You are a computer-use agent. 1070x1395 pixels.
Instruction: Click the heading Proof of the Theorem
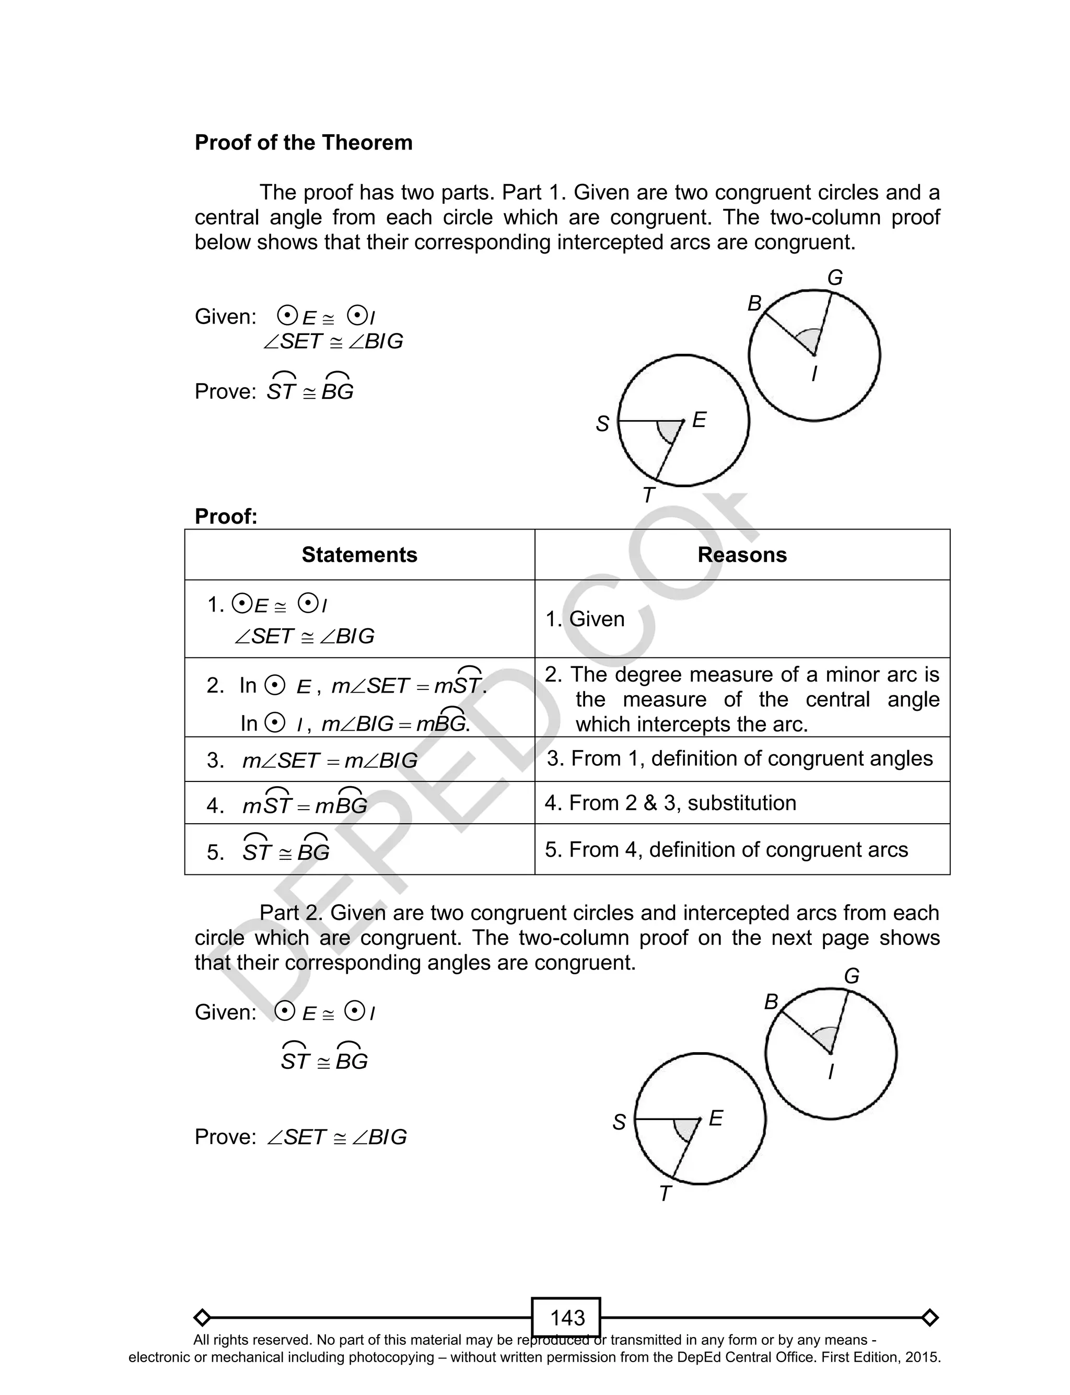pos(303,143)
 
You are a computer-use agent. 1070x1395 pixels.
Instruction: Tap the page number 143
pos(566,1317)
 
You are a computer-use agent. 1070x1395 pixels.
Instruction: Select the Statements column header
pos(359,555)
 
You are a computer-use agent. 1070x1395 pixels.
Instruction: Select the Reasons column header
pos(742,555)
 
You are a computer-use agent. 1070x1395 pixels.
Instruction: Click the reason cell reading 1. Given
pos(585,619)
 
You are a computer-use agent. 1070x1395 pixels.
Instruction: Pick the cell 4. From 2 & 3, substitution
pos(670,803)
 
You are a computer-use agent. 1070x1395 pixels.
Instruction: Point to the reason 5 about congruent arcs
pos(726,850)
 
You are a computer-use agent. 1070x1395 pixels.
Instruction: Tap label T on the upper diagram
pos(648,495)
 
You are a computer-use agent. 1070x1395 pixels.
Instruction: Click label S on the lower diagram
pos(619,1122)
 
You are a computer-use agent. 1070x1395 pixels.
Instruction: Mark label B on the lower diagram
pos(771,1002)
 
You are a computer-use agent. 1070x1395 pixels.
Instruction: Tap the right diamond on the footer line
pos(930,1317)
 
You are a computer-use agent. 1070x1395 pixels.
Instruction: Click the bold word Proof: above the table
pos(226,516)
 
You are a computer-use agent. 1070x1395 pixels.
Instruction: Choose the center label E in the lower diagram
pos(715,1118)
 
